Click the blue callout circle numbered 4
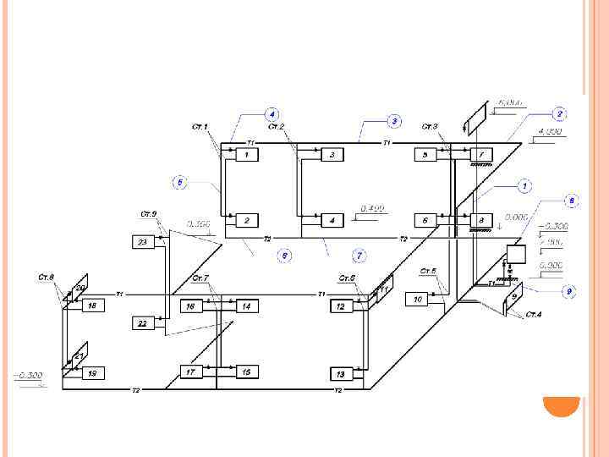pos(272,113)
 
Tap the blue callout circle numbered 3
pos(393,121)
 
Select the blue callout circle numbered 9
pos(569,291)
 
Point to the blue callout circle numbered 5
pos(179,181)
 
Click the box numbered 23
pos(142,243)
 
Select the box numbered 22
pos(142,323)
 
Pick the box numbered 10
pos(417,299)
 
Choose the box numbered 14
pos(246,306)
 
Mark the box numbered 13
pos(341,373)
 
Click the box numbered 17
pos(190,372)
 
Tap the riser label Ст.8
pos(46,277)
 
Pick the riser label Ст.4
pos(533,315)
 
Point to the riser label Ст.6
pos(347,278)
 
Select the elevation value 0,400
pos(372,208)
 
